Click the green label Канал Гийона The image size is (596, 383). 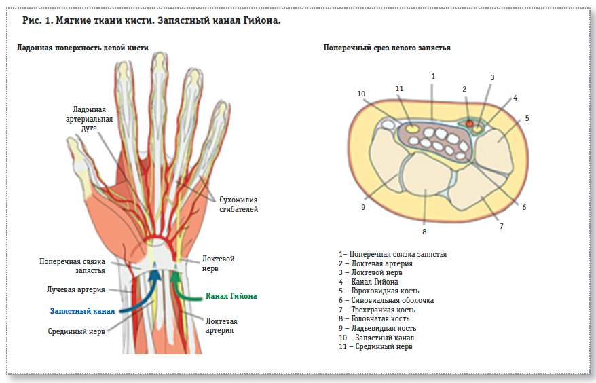point(231,297)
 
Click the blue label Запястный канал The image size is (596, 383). point(82,311)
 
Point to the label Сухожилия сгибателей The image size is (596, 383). point(238,204)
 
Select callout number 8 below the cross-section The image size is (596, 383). point(424,232)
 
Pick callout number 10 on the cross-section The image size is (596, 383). point(361,94)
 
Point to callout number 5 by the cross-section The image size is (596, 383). point(527,118)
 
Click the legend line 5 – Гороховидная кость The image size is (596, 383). point(385,291)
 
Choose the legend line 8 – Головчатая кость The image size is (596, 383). point(382,318)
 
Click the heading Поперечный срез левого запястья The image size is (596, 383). point(387,48)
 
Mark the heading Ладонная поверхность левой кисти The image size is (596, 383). point(82,48)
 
